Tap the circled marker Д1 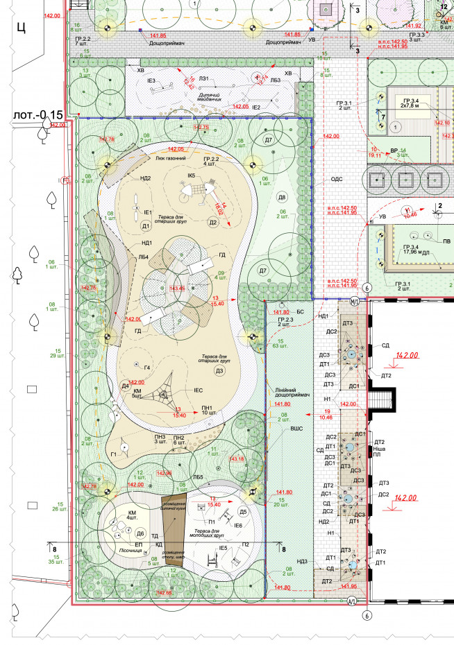coord(146,227)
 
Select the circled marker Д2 coord(213,223)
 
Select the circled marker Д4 coord(125,386)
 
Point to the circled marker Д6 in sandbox coord(140,533)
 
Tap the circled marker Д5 coord(243,512)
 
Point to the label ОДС coord(337,179)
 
